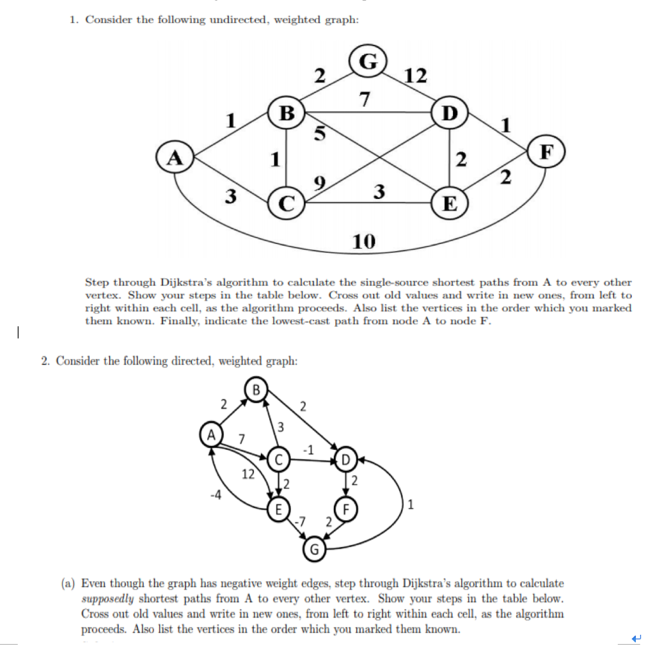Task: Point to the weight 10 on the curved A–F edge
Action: [x=364, y=242]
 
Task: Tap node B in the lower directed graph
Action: [x=256, y=389]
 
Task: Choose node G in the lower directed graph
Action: [x=314, y=549]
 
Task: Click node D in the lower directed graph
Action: [x=345, y=459]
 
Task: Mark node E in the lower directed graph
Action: [x=278, y=510]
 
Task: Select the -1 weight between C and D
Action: [x=308, y=449]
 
